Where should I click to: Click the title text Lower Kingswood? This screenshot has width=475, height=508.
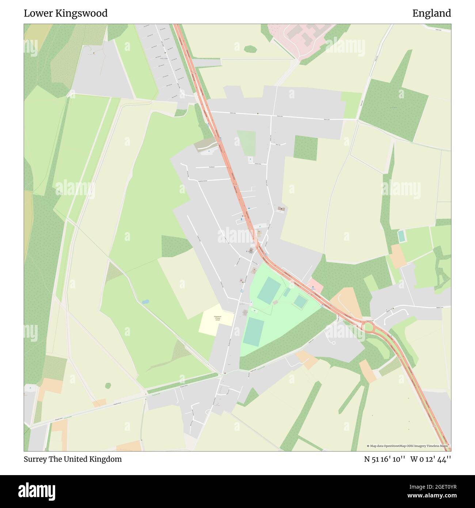tap(66, 14)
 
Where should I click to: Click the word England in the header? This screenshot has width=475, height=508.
tap(432, 14)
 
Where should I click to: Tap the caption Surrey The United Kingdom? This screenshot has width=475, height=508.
tap(73, 459)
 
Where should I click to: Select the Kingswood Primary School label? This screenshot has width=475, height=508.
tap(217, 318)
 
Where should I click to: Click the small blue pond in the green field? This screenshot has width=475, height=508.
tap(145, 302)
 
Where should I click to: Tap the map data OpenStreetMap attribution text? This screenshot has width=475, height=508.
tap(408, 446)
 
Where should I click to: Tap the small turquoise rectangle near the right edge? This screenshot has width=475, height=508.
tap(402, 236)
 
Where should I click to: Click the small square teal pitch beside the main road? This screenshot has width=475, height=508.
tap(300, 302)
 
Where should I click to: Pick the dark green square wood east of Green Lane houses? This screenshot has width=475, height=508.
tap(305, 148)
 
